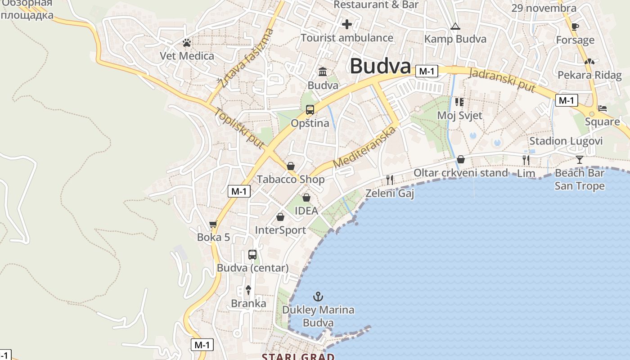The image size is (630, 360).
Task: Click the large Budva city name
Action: (380, 66)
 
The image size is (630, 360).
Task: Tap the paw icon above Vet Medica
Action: (187, 43)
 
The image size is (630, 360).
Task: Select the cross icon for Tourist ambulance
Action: (346, 24)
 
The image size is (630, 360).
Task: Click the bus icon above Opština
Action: (310, 109)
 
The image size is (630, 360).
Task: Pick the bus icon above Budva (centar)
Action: (252, 255)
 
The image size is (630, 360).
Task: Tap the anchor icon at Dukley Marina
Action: (318, 296)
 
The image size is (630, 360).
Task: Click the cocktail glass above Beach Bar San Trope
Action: (580, 159)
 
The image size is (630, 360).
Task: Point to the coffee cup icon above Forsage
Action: (575, 27)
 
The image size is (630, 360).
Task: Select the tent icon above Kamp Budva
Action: (455, 26)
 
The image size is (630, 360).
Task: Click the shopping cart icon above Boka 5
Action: (213, 224)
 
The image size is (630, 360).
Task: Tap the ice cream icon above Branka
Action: (248, 290)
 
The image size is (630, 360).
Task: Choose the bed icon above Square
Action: (602, 108)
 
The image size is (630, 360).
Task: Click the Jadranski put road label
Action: (502, 80)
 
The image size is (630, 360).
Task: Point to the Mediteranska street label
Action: (365, 147)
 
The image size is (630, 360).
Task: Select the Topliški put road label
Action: (238, 129)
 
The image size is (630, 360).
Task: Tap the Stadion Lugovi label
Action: (566, 141)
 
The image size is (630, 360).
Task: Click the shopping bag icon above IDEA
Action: (306, 198)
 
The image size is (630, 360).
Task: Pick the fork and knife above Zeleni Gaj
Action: (390, 180)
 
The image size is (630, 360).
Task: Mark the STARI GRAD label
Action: (298, 357)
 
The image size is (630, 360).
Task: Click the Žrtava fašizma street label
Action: (245, 58)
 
